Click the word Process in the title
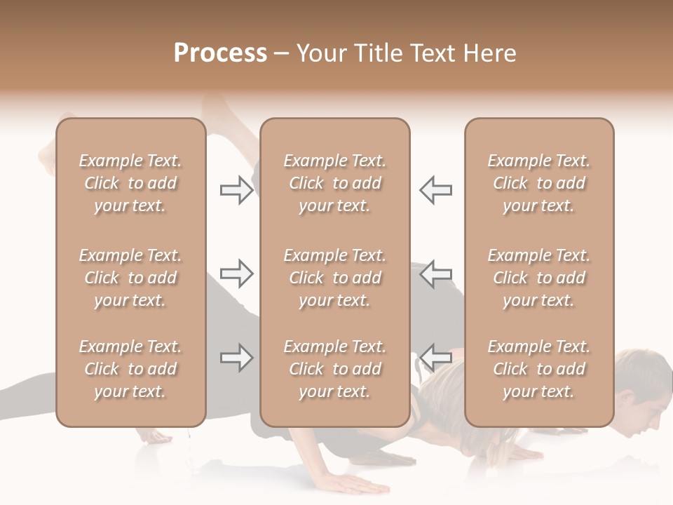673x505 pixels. (x=220, y=53)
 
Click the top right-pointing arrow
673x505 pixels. (x=236, y=190)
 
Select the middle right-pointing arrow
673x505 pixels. (x=236, y=274)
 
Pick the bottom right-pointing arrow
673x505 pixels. (x=236, y=358)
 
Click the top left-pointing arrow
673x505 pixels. (x=435, y=190)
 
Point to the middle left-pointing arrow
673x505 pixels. (x=435, y=274)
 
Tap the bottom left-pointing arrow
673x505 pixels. (x=435, y=358)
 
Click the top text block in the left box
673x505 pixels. (x=130, y=183)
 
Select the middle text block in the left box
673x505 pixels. (x=130, y=278)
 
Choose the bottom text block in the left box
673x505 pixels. (x=130, y=369)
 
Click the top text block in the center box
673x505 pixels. (x=334, y=183)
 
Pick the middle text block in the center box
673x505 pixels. (x=334, y=278)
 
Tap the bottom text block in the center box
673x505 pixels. (x=334, y=369)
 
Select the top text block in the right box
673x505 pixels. (x=538, y=183)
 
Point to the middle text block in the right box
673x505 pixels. (x=538, y=278)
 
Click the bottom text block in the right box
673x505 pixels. (x=538, y=369)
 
